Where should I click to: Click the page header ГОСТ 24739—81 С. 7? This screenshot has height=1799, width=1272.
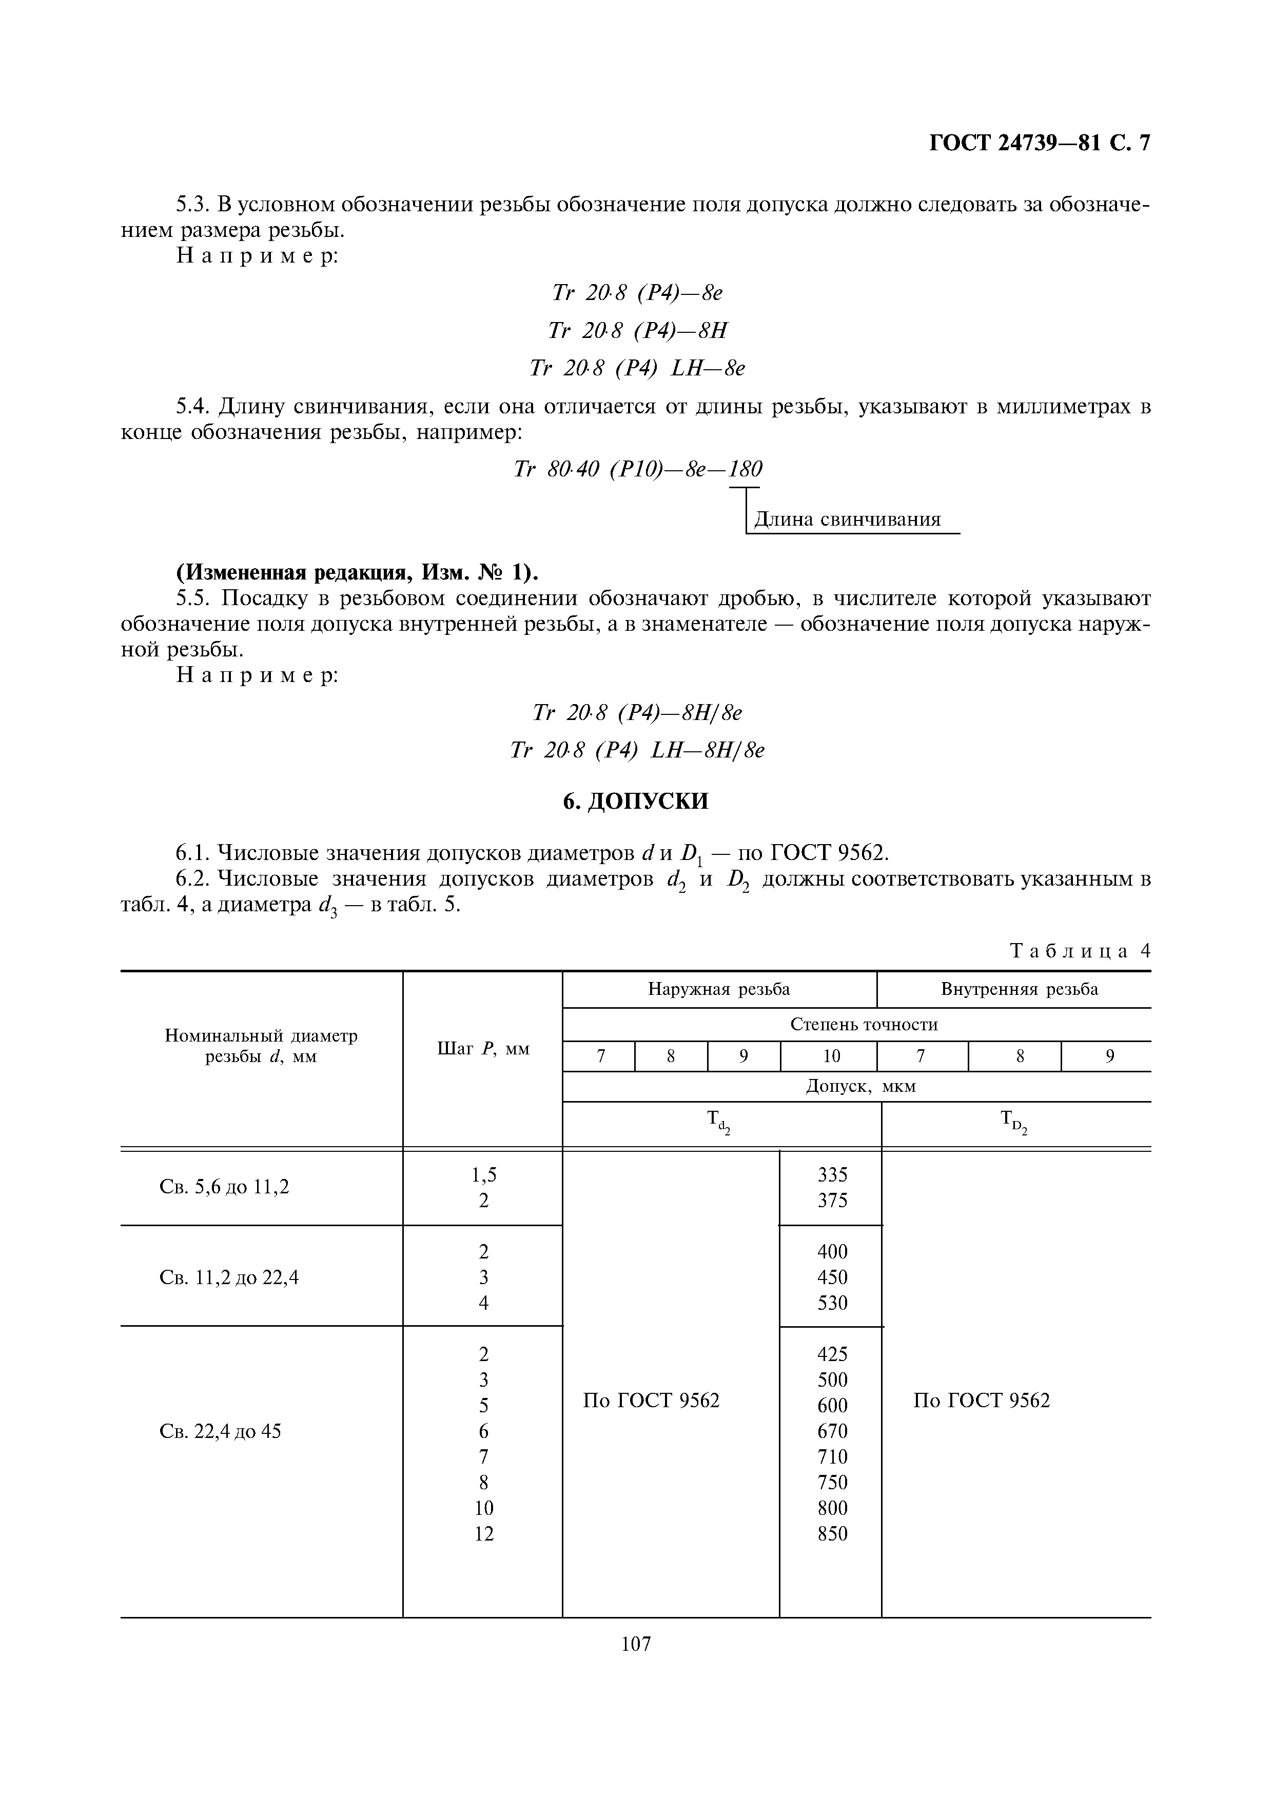click(x=1039, y=144)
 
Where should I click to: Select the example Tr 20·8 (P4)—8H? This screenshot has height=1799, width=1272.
click(x=637, y=331)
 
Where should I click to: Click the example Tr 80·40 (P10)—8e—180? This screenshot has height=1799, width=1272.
click(x=637, y=469)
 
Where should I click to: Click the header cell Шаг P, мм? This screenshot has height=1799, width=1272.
click(x=483, y=1048)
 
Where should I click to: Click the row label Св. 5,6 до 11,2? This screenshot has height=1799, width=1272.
click(x=224, y=1187)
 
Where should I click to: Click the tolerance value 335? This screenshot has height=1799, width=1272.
click(x=832, y=1174)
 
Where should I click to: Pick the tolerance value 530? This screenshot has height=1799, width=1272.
click(x=832, y=1303)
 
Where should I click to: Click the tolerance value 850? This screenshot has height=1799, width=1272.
click(x=832, y=1534)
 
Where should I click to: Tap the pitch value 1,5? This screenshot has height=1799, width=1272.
click(x=483, y=1174)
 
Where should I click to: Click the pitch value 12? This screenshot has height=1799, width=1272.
click(x=483, y=1534)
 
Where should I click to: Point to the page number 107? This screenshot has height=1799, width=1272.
click(x=636, y=1644)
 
